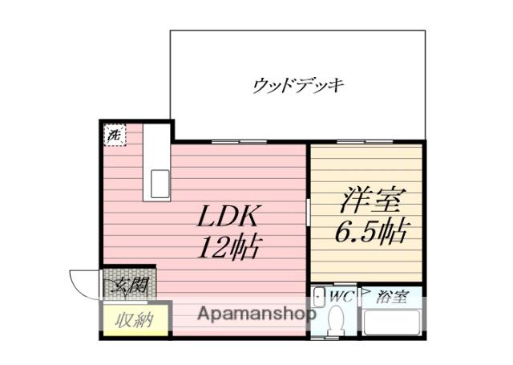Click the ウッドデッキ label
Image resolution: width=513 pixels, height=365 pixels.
tap(297, 84)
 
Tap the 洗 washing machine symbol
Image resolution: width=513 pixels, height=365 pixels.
tap(115, 136)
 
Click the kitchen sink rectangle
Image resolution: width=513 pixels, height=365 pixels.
tap(156, 184)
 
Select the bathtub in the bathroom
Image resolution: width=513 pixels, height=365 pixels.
tap(393, 323)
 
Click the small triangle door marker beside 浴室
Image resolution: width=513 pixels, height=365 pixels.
tap(364, 294)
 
